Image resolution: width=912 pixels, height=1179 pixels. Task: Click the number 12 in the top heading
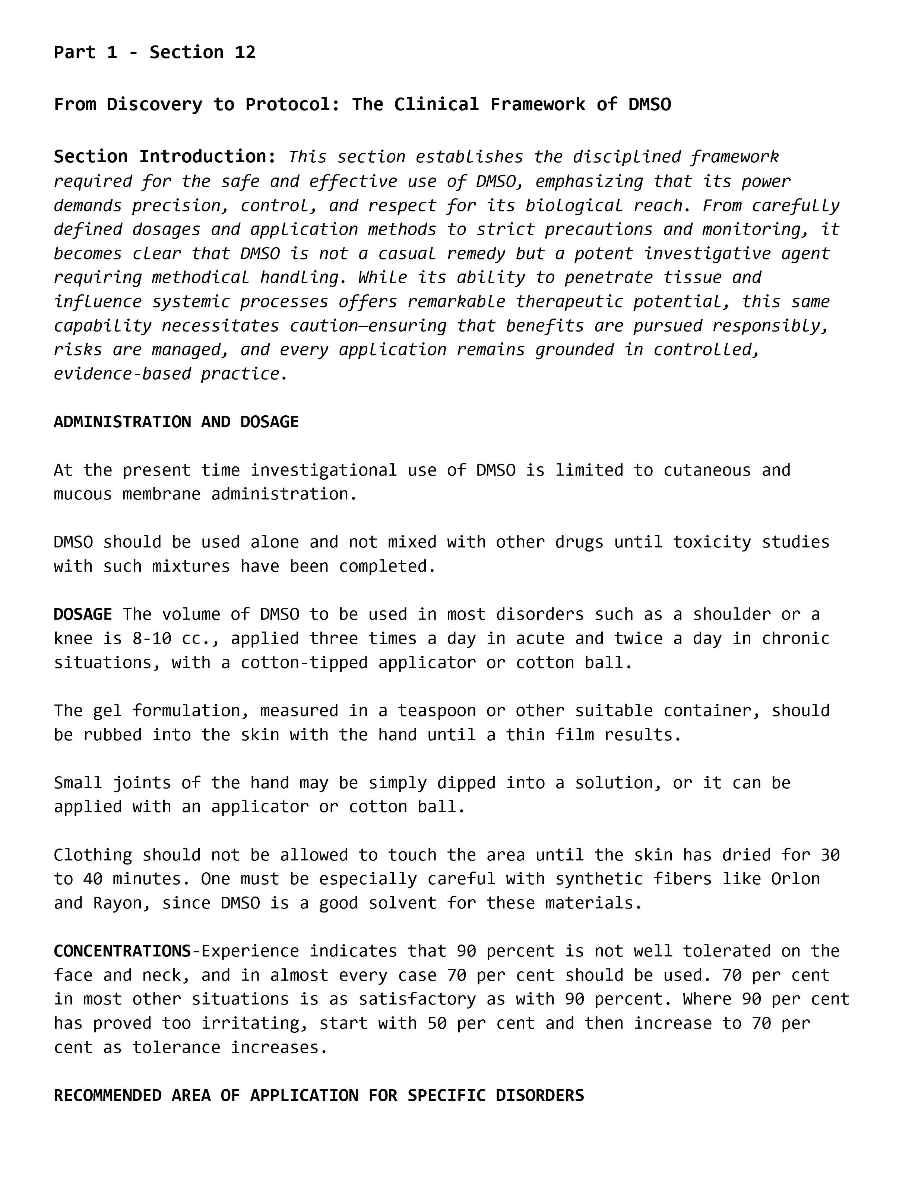(245, 52)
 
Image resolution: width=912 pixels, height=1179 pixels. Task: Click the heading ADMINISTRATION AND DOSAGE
(176, 422)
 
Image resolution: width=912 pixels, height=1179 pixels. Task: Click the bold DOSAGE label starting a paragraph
(83, 614)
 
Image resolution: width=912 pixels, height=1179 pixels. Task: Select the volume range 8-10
(152, 639)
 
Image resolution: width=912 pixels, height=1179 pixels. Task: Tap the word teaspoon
(437, 711)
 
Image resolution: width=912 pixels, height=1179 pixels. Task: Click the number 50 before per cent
(437, 1023)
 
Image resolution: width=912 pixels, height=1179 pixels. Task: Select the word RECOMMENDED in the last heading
(108, 1095)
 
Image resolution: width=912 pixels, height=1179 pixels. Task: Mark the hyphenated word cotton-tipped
(304, 663)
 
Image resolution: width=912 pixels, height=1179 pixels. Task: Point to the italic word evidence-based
(122, 374)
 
